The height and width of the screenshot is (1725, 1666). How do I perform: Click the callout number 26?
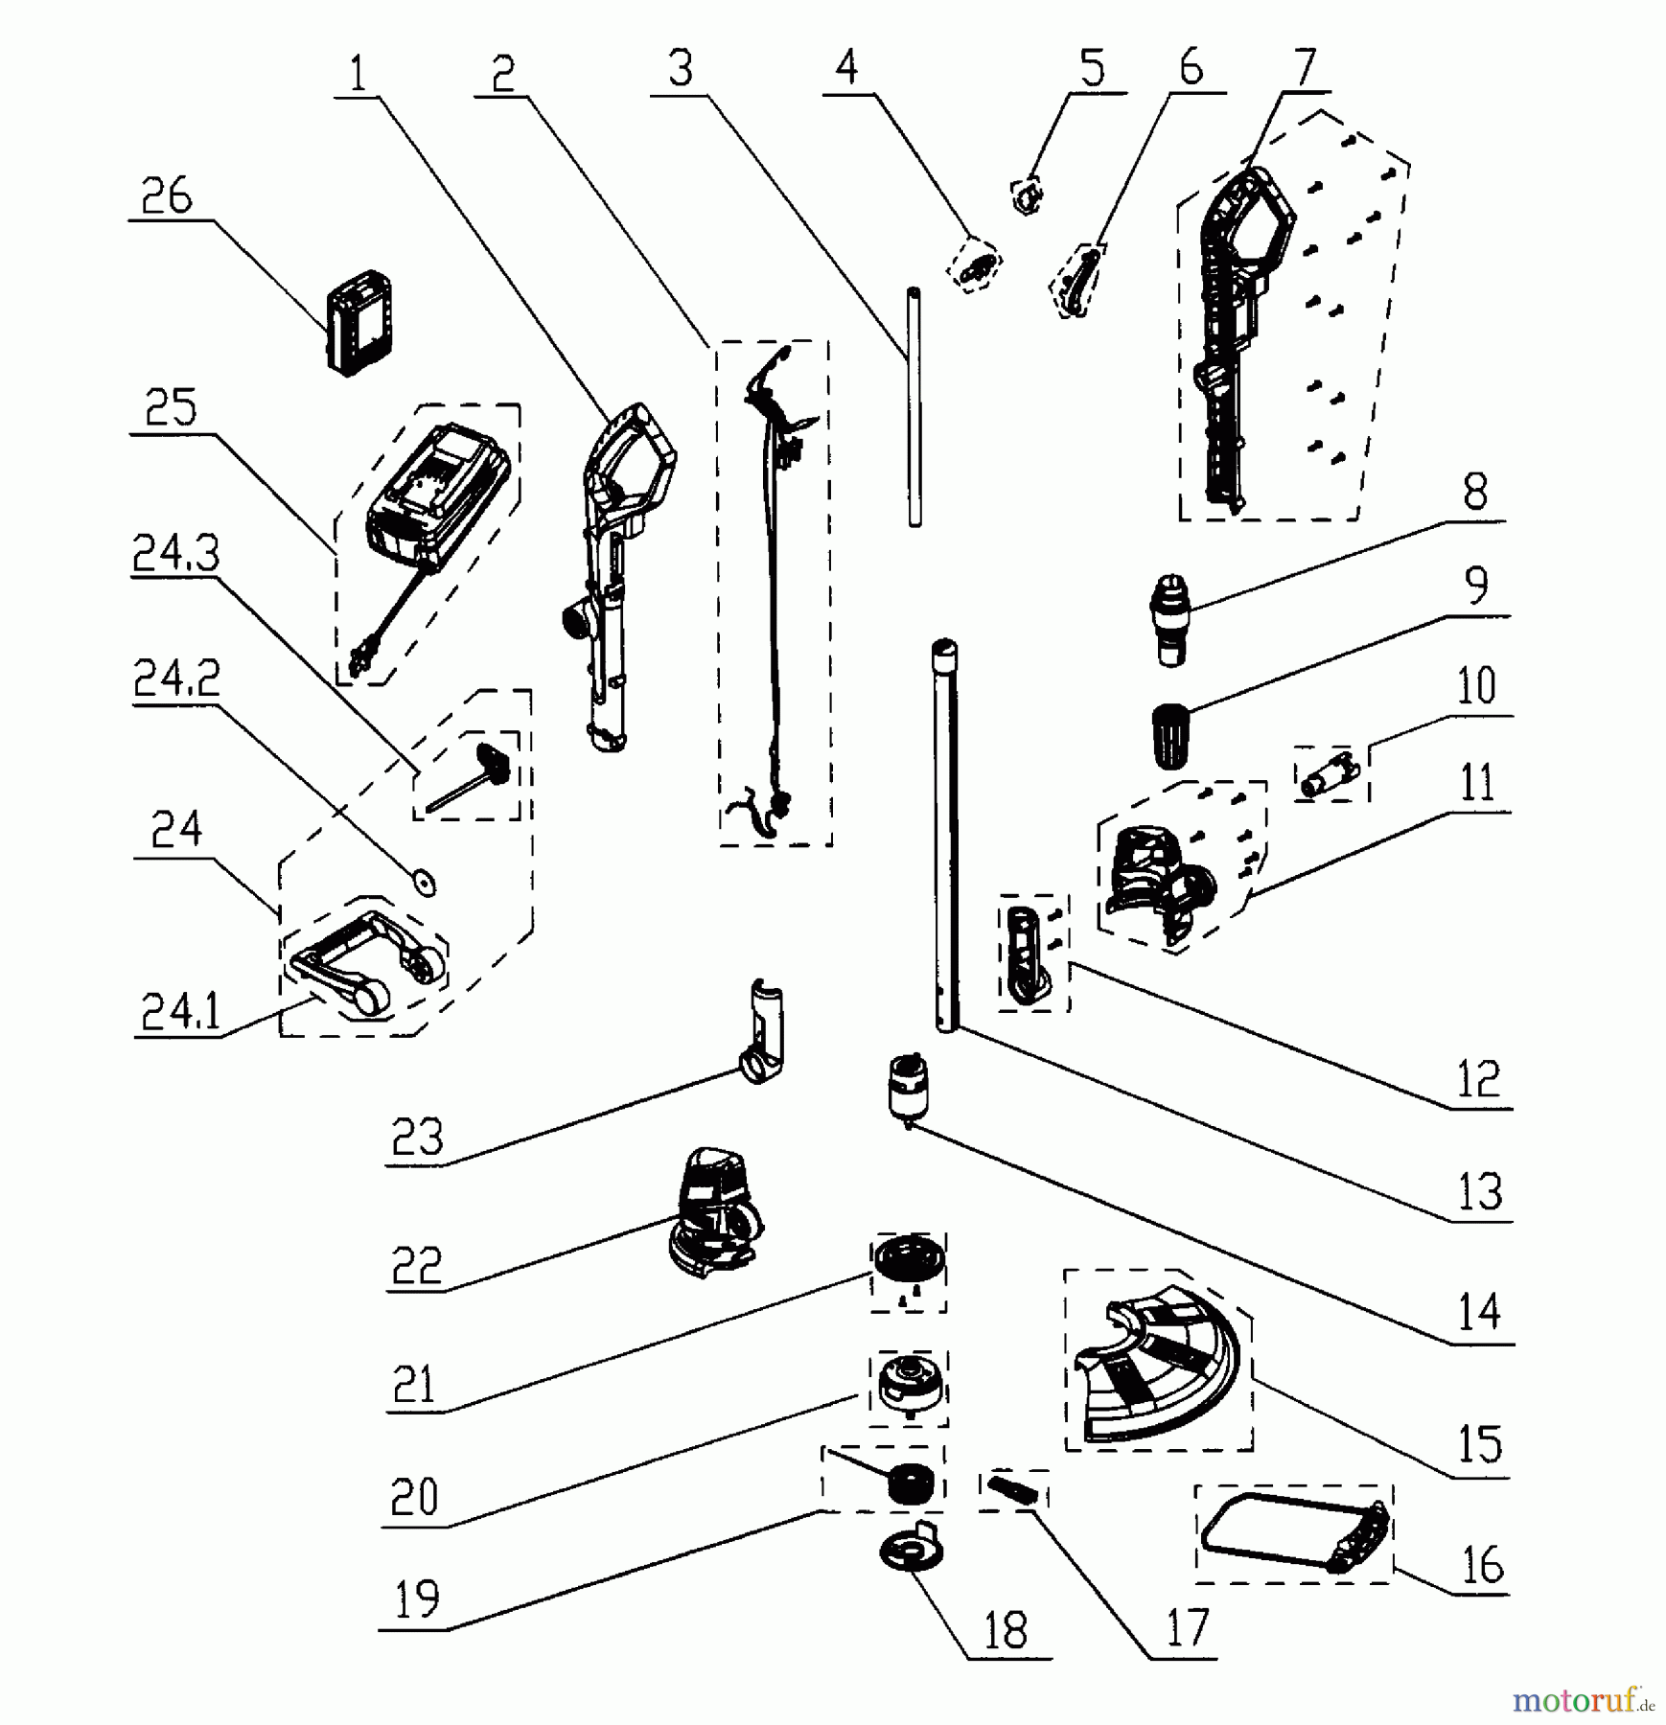coord(167,196)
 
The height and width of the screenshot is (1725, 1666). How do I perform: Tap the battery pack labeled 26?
coord(359,323)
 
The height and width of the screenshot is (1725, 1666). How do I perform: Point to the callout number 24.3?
coord(175,553)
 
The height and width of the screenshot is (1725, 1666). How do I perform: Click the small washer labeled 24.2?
coord(423,881)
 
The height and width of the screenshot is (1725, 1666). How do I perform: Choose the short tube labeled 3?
coord(914,406)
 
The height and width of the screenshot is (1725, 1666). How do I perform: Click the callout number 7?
coord(1306,68)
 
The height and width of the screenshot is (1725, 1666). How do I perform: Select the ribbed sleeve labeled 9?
coord(1169,735)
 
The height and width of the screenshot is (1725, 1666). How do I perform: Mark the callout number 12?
coord(1477,1079)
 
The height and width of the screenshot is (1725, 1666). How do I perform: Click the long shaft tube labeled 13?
coord(946,834)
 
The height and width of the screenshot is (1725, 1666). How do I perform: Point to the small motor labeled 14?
coord(906,1087)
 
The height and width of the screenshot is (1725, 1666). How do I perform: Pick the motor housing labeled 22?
coord(714,1212)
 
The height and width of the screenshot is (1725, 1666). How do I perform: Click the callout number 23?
coord(417,1138)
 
